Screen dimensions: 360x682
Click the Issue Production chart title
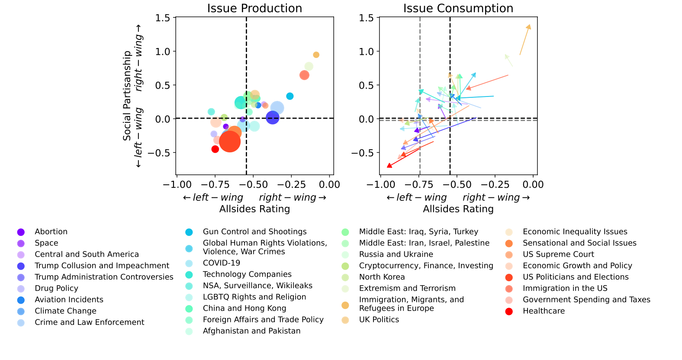point(254,8)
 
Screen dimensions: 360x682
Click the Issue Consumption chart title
point(458,8)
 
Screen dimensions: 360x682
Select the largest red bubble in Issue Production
point(230,141)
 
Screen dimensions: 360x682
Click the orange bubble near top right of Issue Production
point(316,55)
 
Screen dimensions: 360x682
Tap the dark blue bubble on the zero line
point(273,117)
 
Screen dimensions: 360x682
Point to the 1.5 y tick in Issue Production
point(163,18)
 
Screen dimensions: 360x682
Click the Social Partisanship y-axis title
point(127,96)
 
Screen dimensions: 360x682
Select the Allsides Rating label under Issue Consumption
point(458,209)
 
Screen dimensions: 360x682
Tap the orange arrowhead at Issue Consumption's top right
point(529,27)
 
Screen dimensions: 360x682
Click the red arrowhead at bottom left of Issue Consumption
point(389,165)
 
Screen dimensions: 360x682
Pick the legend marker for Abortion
point(21,232)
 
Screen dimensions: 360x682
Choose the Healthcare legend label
point(544,311)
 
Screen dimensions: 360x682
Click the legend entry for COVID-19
point(221,263)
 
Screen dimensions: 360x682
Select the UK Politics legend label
point(379,320)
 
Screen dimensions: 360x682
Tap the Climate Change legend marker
point(21,311)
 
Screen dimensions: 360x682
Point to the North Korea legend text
point(382,277)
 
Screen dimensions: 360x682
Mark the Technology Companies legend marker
point(189,274)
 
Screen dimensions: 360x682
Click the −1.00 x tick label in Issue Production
point(177,185)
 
